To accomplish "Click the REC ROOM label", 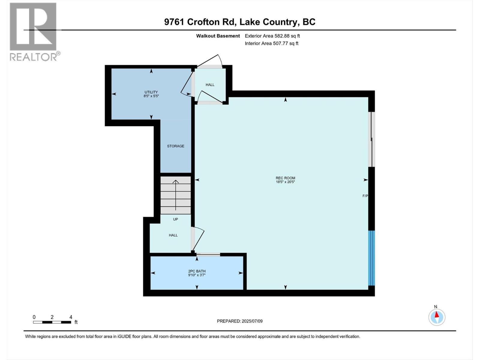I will (x=285, y=178).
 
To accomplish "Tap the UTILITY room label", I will (x=151, y=92).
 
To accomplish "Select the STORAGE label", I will (x=175, y=146).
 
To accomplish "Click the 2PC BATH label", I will (x=197, y=271).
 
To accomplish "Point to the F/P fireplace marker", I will (x=365, y=196).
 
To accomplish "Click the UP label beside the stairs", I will (x=175, y=219).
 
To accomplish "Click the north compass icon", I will (x=437, y=317).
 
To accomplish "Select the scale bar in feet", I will (x=52, y=322).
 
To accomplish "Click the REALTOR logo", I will (x=33, y=31).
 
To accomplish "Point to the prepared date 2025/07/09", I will (x=240, y=321).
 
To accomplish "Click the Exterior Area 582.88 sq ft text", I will (x=272, y=36).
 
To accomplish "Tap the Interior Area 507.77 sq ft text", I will (x=271, y=43).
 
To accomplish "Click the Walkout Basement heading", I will (x=218, y=36).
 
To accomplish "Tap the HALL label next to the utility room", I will (x=210, y=85).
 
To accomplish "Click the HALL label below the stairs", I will (x=173, y=235).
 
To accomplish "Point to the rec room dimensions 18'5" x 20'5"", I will (x=285, y=182).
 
